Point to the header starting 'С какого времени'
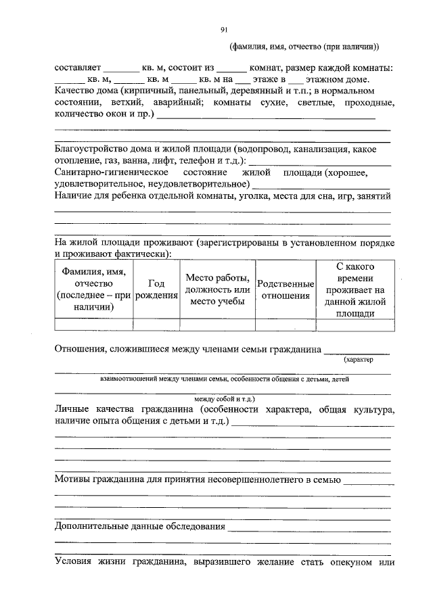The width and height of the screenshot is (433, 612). coord(355,290)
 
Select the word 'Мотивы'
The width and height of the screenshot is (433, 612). coord(72,479)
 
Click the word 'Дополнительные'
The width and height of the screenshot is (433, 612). coord(93,527)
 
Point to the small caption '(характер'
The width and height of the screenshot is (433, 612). coord(358,360)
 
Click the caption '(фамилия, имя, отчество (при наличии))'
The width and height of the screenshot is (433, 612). coord(304,47)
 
